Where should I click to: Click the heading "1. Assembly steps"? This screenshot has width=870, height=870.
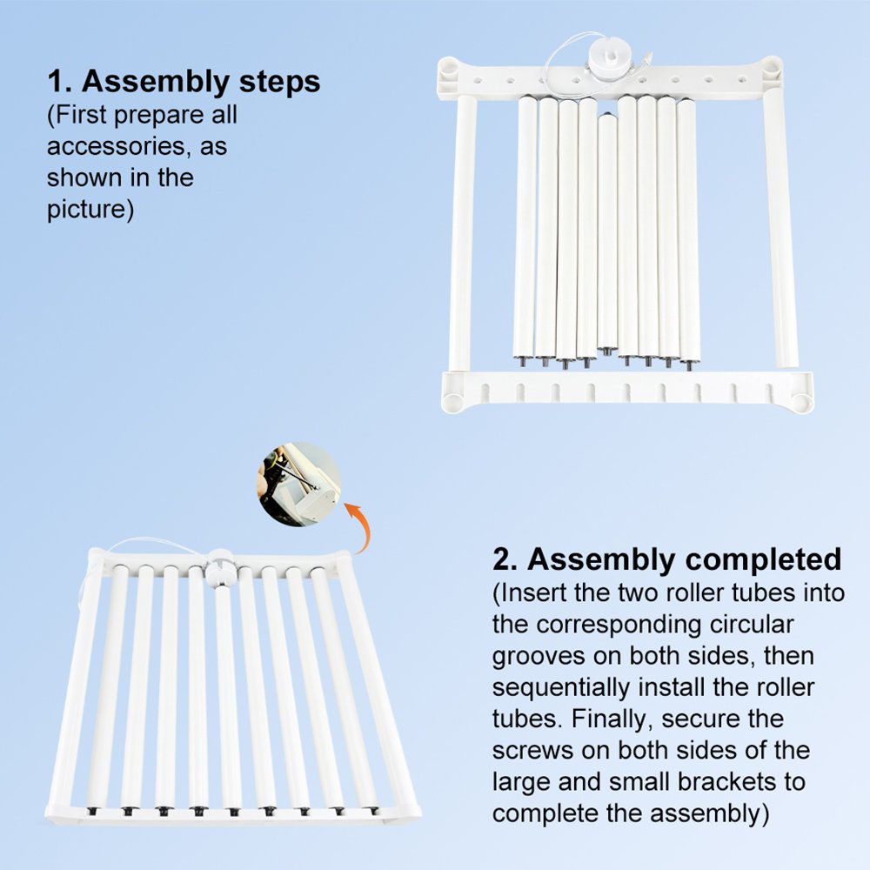pyautogui.click(x=184, y=82)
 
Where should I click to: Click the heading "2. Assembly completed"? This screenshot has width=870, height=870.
pyautogui.click(x=667, y=559)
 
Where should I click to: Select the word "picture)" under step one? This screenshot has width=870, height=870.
pyautogui.click(x=90, y=210)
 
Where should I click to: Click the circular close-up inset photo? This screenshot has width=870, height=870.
pyautogui.click(x=299, y=484)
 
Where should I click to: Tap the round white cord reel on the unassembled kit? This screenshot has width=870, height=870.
pyautogui.click(x=608, y=62)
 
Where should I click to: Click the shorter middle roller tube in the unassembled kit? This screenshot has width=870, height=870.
pyautogui.click(x=607, y=233)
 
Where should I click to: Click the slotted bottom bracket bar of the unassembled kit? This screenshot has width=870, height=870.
pyautogui.click(x=627, y=391)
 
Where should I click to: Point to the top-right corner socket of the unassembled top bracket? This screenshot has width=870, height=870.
pyautogui.click(x=770, y=68)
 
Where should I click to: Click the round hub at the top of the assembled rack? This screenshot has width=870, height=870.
pyautogui.click(x=220, y=568)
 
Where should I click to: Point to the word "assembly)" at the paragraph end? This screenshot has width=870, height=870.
pyautogui.click(x=710, y=814)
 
